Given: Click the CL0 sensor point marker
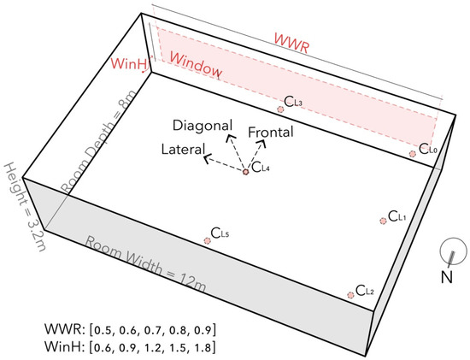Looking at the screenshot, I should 413,154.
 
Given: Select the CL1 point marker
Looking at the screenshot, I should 382,221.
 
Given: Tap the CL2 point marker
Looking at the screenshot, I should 350,294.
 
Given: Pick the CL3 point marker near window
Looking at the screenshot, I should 280,109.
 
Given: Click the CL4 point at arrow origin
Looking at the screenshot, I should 245,172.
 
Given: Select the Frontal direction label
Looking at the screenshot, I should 271,133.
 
